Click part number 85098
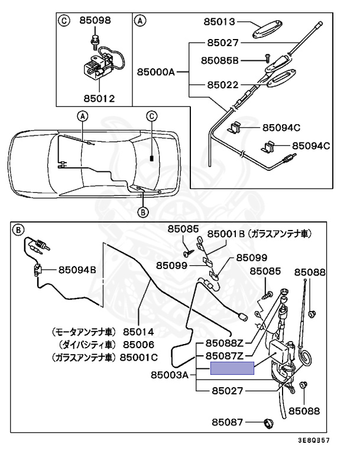(95, 20)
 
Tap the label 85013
(221, 22)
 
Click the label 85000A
(156, 72)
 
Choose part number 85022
(222, 85)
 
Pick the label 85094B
(76, 270)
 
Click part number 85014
(138, 332)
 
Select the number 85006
(138, 344)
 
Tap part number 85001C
(139, 356)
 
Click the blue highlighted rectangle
(233, 368)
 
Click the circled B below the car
(142, 211)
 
